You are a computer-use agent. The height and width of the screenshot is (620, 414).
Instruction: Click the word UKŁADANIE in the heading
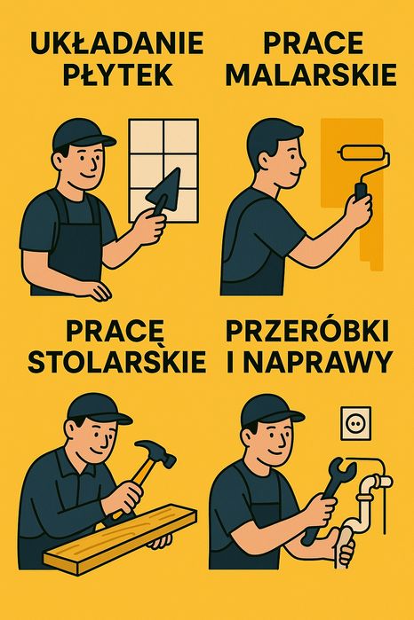pos(117,43)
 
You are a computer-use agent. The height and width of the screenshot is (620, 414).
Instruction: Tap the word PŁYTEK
pos(117,75)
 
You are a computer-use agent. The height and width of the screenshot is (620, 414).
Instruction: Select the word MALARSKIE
pos(311,75)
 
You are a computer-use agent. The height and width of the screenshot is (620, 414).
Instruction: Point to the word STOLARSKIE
pos(117,361)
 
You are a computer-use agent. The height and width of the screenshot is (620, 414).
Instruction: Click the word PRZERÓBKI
pos(307,331)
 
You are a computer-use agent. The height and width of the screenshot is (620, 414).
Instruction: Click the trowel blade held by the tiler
pos(165,190)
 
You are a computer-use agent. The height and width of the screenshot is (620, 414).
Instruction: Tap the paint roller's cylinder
pos(362,153)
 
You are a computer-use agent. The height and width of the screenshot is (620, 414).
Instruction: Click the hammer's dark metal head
pos(156,452)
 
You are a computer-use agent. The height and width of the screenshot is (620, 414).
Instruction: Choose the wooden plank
pos(120,538)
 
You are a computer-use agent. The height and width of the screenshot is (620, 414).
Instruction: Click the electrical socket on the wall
pos(356,423)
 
